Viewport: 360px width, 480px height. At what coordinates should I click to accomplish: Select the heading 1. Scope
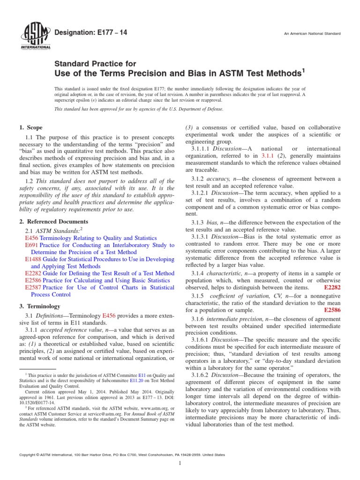coord(30,127)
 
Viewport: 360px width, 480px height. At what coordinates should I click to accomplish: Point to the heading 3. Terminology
coord(40,306)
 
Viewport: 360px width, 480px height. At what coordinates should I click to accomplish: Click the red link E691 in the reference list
coord(31,245)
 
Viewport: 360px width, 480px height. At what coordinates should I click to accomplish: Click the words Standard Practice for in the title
coord(96,64)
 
